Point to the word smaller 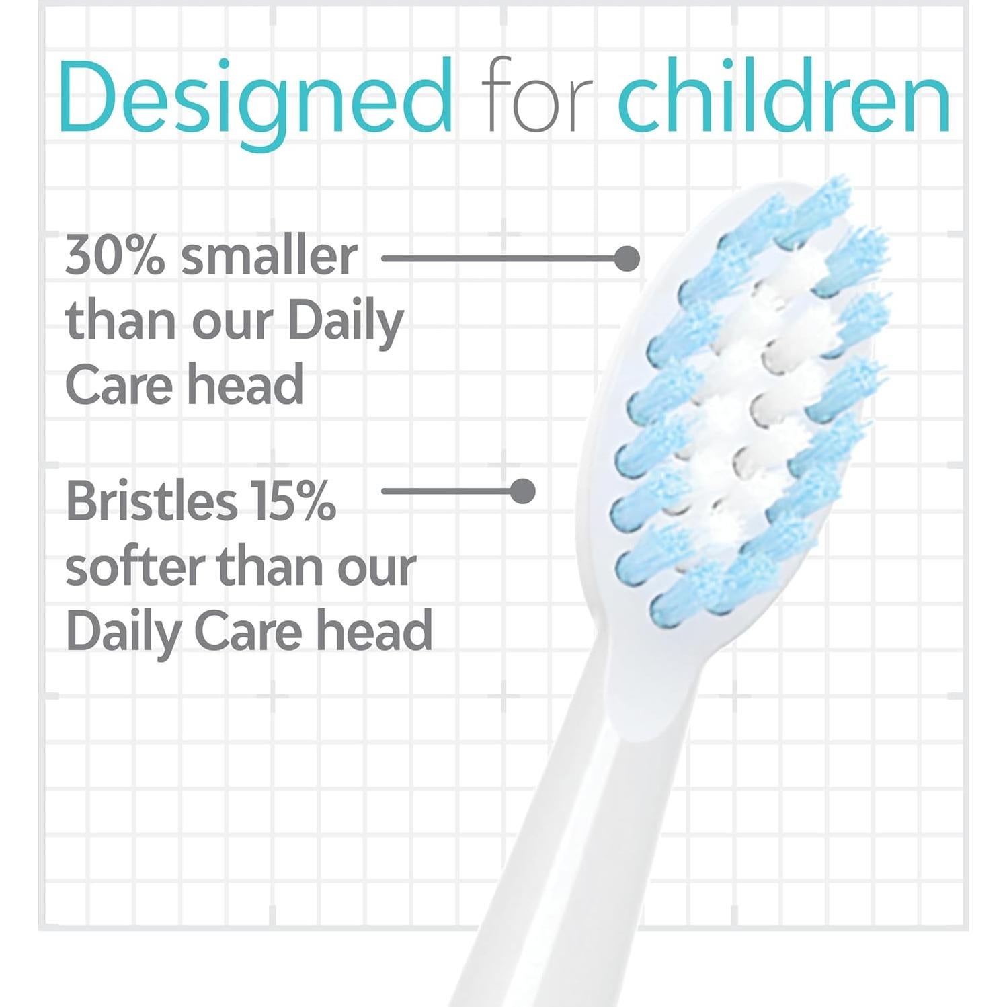pos(269,255)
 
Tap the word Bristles pos(151,501)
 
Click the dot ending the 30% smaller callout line pos(627,258)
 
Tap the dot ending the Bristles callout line pos(523,491)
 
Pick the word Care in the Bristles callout pos(248,631)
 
